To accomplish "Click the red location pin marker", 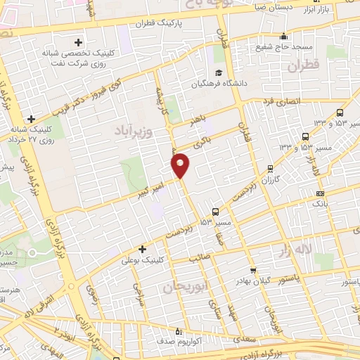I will click(x=181, y=165).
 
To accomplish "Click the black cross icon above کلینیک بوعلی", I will click(x=143, y=249).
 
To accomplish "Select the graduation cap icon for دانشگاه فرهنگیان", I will click(x=219, y=73).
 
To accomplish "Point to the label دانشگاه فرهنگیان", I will click(x=219, y=84).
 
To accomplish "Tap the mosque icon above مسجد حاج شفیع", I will click(x=283, y=36).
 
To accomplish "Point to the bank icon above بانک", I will click(x=321, y=193).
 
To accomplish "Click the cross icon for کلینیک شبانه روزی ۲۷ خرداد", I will click(x=30, y=119).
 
